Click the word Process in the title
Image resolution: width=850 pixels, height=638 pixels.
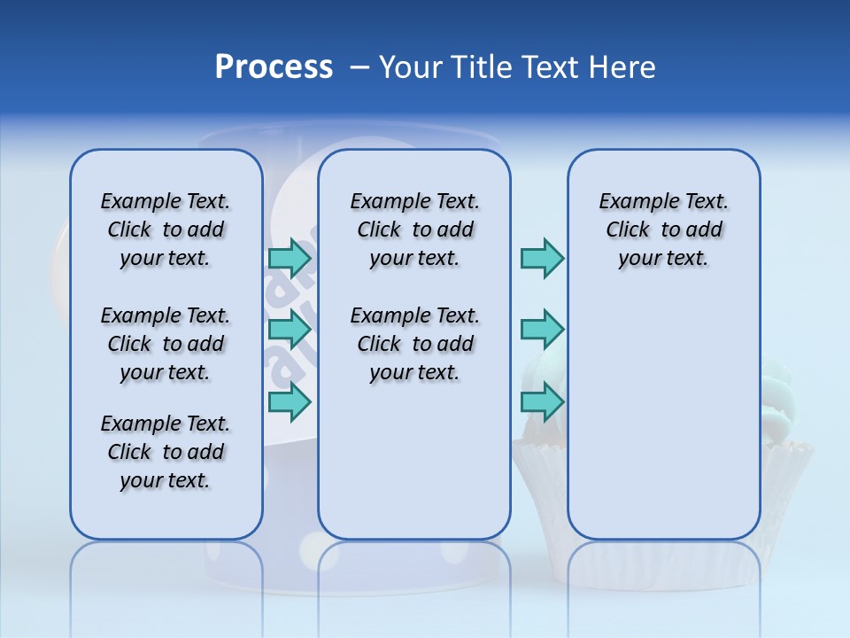tap(274, 67)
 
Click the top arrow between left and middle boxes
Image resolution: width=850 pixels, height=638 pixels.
tap(290, 258)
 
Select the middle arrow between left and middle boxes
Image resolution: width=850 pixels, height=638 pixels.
tap(290, 330)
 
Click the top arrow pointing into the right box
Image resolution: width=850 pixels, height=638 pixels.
tap(542, 258)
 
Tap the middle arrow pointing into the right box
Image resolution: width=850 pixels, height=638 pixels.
tap(542, 330)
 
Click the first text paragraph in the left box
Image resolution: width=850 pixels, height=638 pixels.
tap(166, 230)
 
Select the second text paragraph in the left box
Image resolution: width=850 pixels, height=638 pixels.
tap(166, 344)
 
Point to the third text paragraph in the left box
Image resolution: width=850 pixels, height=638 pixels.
tap(166, 452)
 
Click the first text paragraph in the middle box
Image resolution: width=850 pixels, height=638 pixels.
tap(414, 230)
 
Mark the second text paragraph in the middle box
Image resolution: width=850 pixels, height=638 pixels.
tap(414, 344)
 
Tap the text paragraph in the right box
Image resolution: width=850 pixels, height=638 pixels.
tap(663, 230)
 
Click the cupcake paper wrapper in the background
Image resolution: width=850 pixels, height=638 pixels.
tap(788, 478)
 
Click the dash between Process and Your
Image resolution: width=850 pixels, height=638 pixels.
tap(359, 67)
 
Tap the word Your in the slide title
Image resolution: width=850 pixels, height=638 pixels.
tap(410, 67)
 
